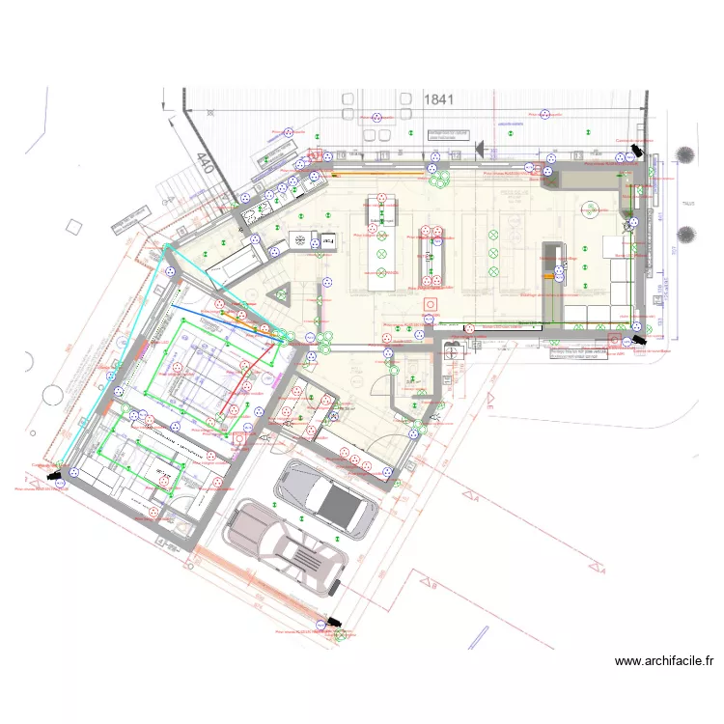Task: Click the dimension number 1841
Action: point(438,98)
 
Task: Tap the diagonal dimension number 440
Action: point(204,163)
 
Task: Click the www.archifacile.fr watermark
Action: point(663,661)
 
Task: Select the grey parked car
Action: point(324,497)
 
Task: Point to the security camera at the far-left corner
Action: point(56,474)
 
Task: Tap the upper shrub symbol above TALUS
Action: point(686,155)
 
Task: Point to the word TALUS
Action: point(687,204)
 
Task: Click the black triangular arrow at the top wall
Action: point(479,148)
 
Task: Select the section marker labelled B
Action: point(433,586)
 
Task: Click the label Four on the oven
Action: point(327,239)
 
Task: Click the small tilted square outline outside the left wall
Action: point(73,228)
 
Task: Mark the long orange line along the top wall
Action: point(376,174)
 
